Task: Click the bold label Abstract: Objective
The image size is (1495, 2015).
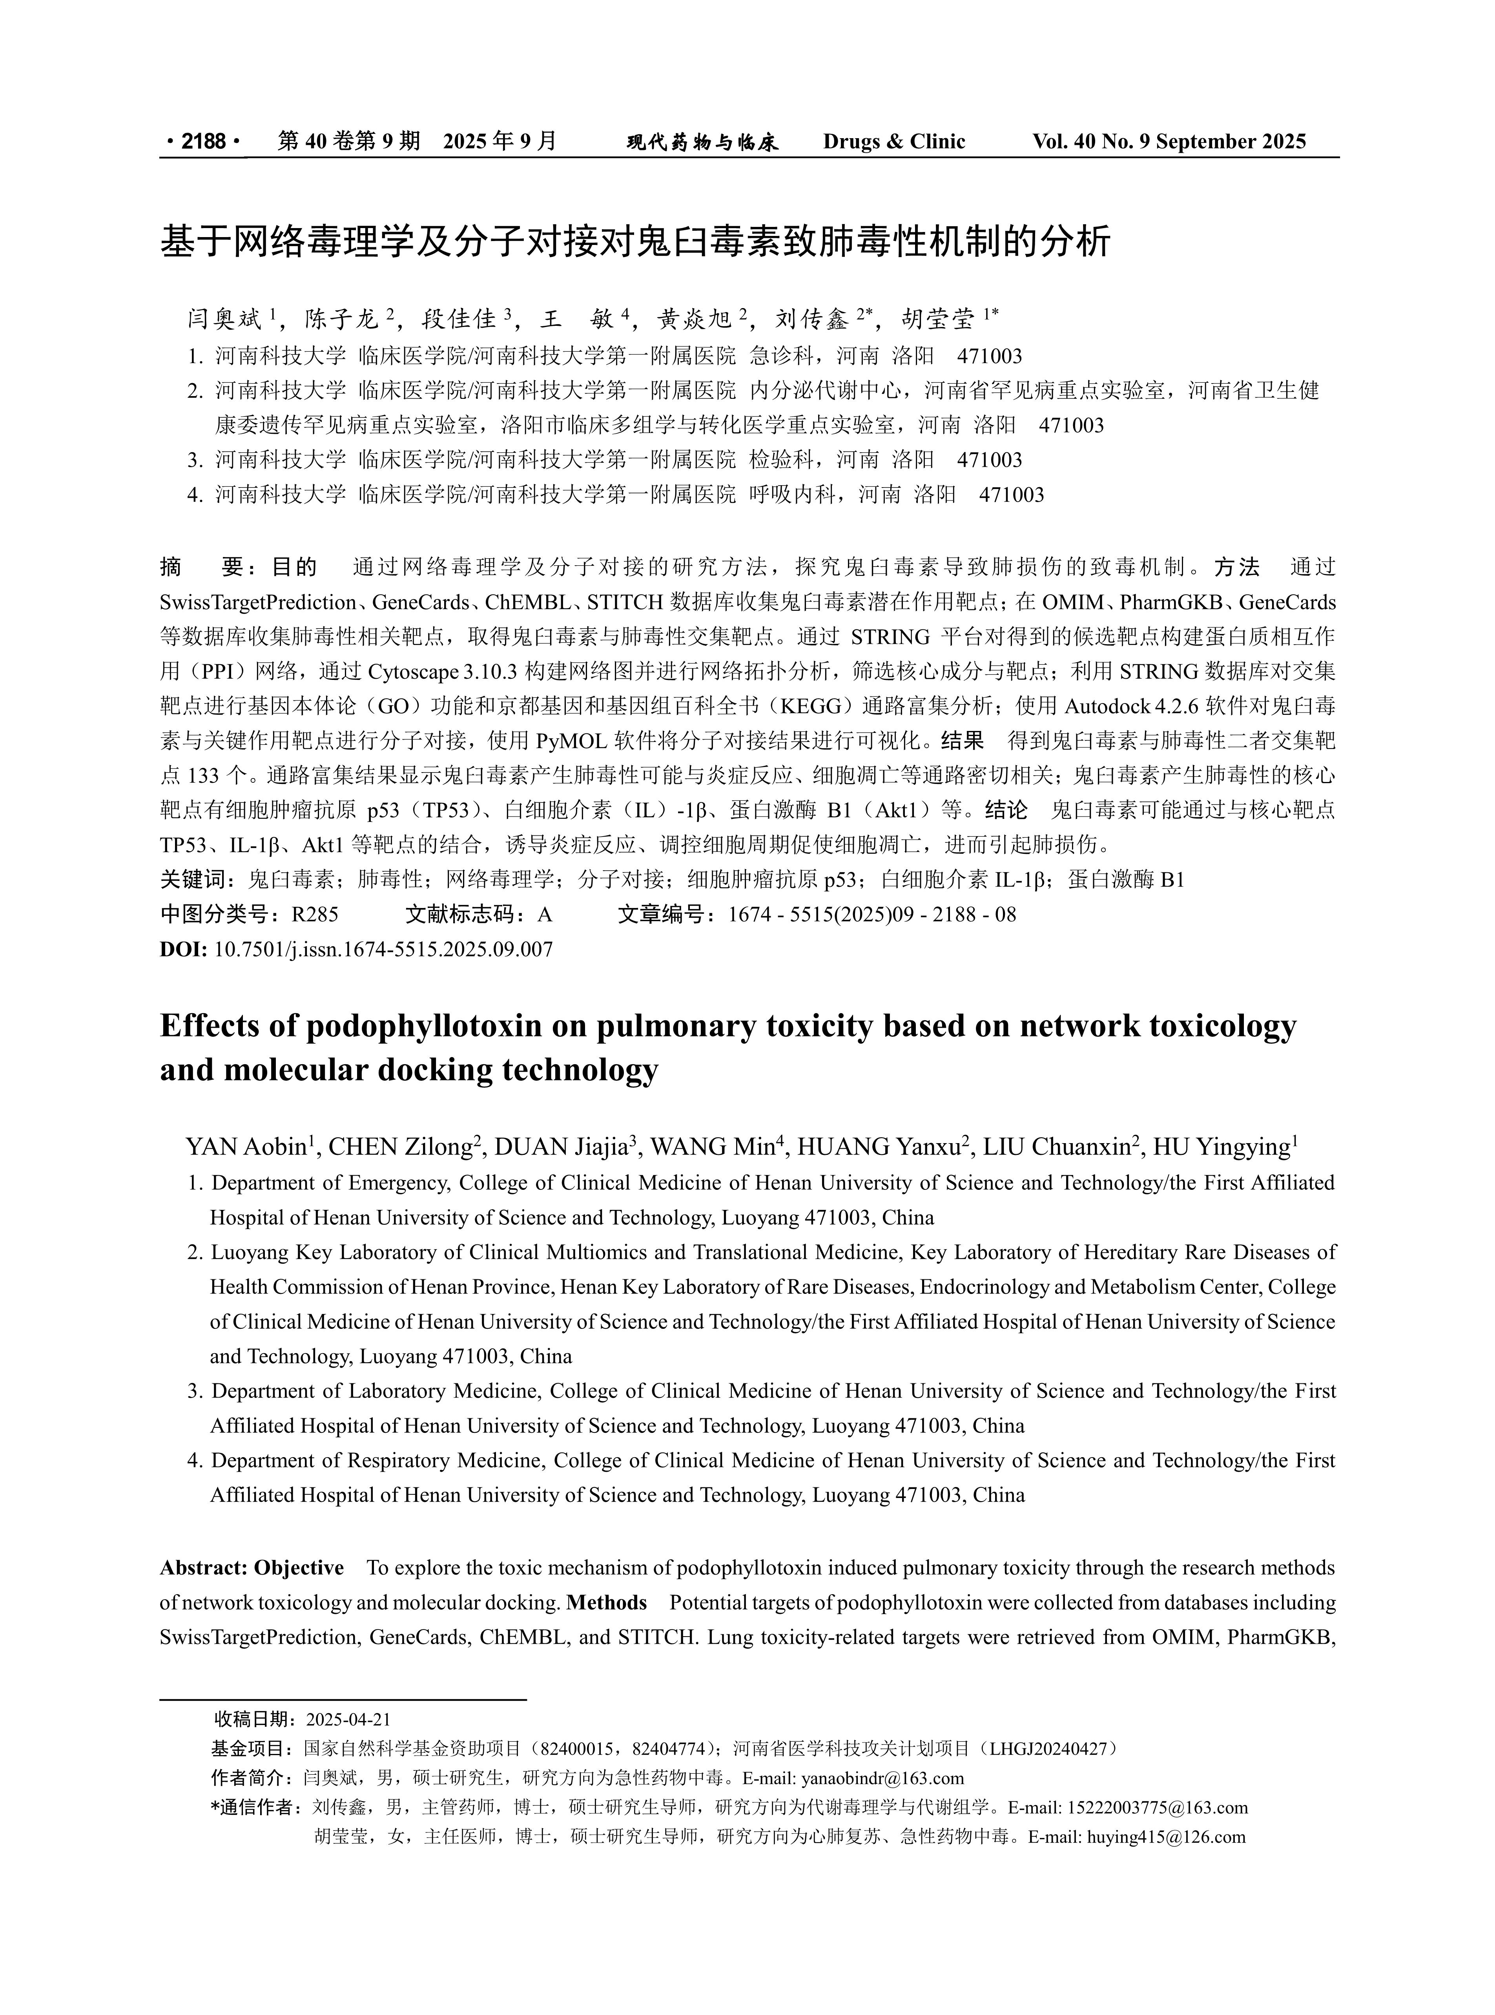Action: pos(252,1568)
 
